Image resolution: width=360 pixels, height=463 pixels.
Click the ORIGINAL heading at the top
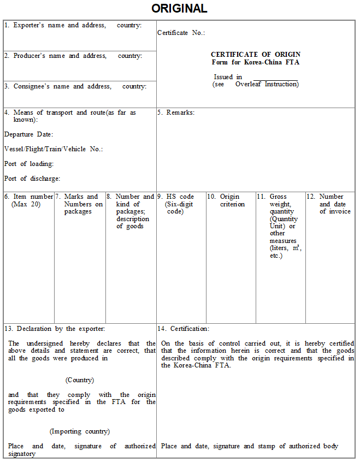click(x=179, y=9)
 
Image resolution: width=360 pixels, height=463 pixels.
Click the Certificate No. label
click(x=181, y=33)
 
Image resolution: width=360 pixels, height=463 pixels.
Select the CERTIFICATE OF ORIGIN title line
click(x=256, y=55)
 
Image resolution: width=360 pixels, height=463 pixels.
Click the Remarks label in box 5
click(x=176, y=112)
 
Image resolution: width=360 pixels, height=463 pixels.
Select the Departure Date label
click(x=28, y=134)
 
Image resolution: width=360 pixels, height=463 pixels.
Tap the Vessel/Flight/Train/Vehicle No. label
click(x=54, y=149)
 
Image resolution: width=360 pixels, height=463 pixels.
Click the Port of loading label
click(x=28, y=164)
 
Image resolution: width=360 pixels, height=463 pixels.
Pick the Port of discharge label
click(x=32, y=179)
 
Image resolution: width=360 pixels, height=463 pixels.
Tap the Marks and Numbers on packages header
click(x=81, y=204)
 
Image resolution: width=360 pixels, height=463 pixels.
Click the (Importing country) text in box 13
click(x=80, y=431)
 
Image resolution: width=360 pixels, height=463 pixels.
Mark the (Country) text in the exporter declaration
click(x=80, y=380)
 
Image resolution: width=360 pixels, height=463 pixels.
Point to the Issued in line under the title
click(x=228, y=77)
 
